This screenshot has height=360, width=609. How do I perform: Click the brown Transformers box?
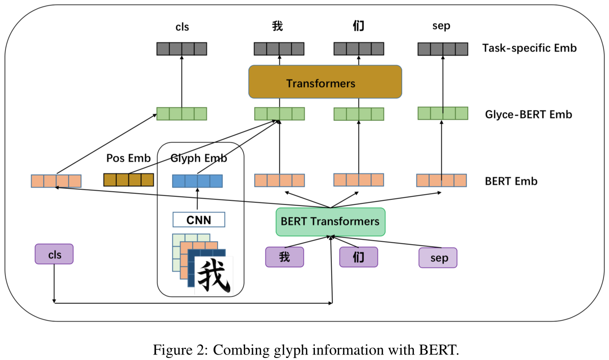point(325,82)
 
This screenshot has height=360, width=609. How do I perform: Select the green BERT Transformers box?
point(330,222)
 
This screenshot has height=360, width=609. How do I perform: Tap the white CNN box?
point(199,220)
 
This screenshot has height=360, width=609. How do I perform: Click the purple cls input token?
point(54,254)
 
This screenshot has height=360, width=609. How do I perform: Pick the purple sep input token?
point(438,258)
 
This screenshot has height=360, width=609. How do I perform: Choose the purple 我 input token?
point(284,256)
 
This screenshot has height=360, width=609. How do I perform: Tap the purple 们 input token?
point(359,256)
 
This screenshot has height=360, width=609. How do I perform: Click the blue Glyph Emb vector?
point(197,181)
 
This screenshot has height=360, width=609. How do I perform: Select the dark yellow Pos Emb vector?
point(128,179)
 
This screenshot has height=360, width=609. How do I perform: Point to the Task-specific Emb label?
point(529,48)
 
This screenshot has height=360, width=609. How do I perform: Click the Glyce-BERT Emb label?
point(528,114)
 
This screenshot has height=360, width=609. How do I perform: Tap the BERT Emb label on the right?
point(511,181)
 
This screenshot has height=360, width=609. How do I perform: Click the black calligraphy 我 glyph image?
point(214,276)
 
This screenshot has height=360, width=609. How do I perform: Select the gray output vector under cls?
point(181,49)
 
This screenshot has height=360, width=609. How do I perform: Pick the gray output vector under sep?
point(442,49)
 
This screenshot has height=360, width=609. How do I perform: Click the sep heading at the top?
point(441,26)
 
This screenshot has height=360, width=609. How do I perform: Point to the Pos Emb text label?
point(128,159)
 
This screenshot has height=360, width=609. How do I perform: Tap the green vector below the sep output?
point(442,113)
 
